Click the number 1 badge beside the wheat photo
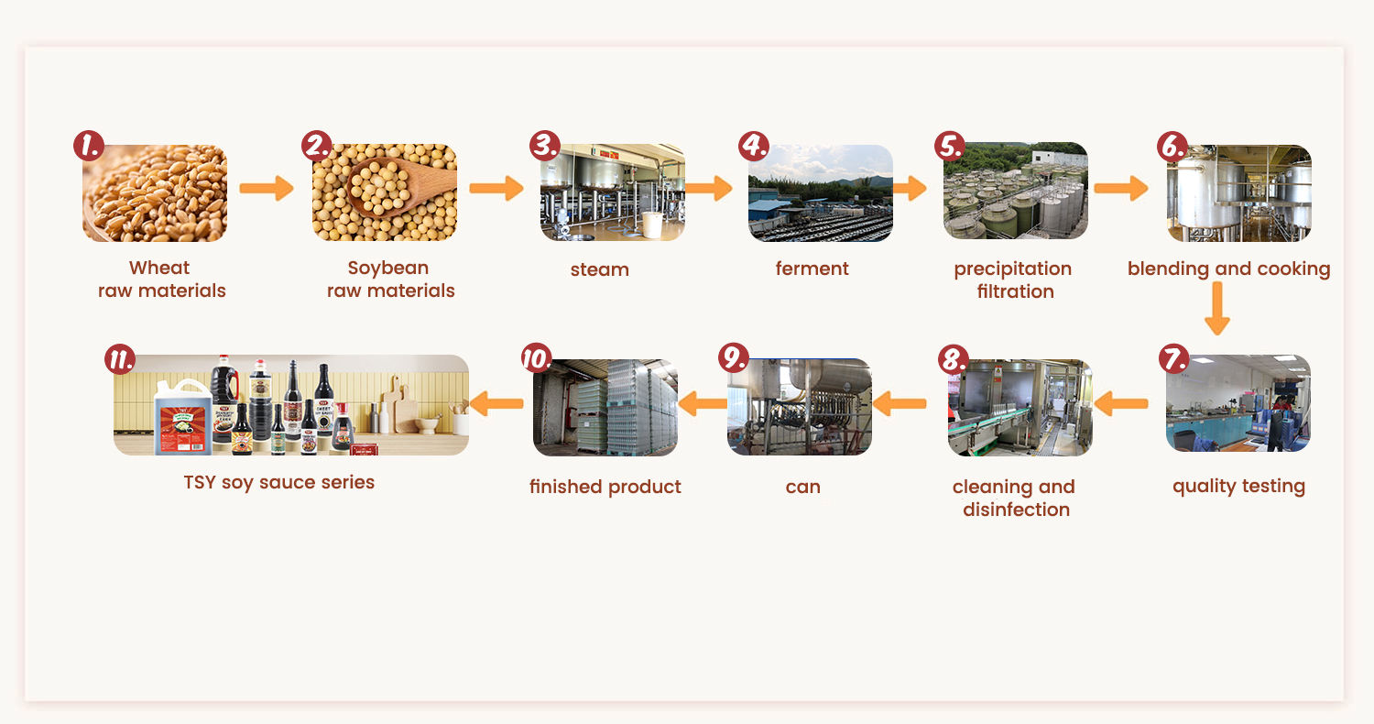(89, 145)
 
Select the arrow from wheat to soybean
(266, 189)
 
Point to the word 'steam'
(600, 269)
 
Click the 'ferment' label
(812, 269)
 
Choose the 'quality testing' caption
(1238, 486)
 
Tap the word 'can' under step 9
(802, 487)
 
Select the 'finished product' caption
(605, 487)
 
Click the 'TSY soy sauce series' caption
(279, 482)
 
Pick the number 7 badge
(1173, 358)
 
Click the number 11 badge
(120, 358)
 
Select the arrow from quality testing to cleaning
(1121, 401)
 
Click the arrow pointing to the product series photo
(496, 401)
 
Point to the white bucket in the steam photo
(651, 225)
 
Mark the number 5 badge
(949, 146)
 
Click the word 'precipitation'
(1012, 269)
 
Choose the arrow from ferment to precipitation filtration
(910, 189)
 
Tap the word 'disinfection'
(1016, 510)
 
